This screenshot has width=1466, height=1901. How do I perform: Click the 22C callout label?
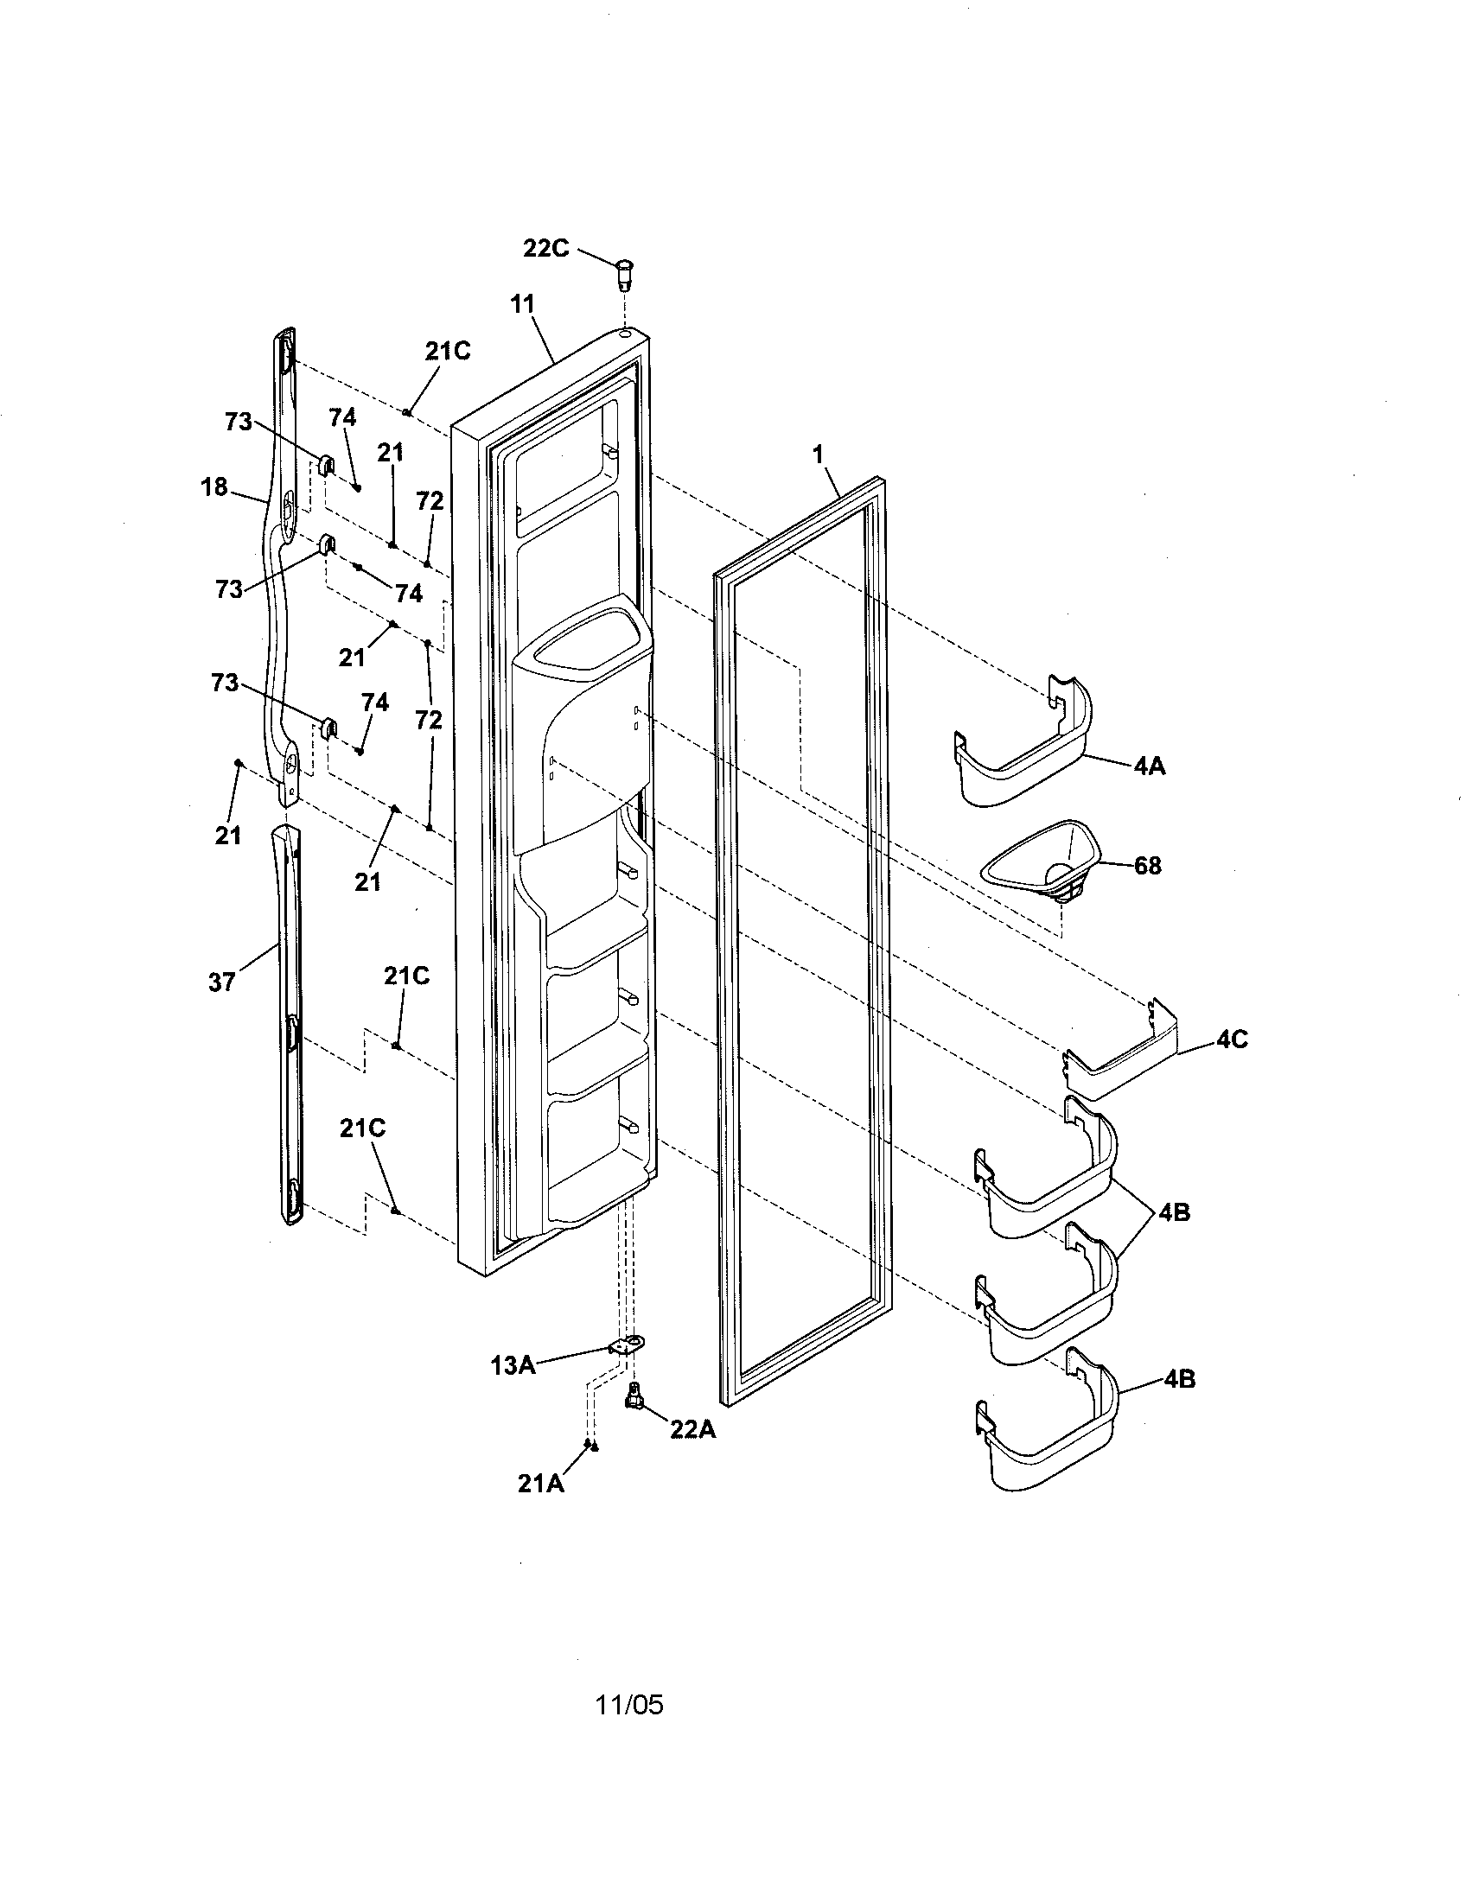545,248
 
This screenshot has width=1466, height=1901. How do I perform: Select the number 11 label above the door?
522,304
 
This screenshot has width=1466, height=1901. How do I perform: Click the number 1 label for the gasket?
818,454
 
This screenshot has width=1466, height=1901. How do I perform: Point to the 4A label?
1149,766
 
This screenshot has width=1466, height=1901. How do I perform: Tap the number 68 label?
1147,866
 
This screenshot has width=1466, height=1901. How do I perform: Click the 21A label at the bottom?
540,1484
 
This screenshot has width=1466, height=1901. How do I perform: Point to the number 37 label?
222,982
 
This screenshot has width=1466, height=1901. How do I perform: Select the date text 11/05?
628,1704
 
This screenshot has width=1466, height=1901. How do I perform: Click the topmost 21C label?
448,351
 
